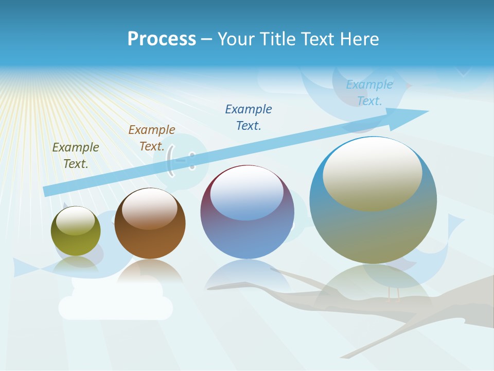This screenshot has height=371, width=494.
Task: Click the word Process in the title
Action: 162,39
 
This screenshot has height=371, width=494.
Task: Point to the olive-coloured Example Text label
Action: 76,155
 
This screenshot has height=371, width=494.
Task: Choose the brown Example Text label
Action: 151,138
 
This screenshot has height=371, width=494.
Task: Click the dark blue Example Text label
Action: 249,117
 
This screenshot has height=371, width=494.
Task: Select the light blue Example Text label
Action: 369,93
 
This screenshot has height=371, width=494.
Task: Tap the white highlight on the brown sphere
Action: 150,207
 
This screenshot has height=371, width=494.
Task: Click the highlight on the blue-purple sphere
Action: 247,193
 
